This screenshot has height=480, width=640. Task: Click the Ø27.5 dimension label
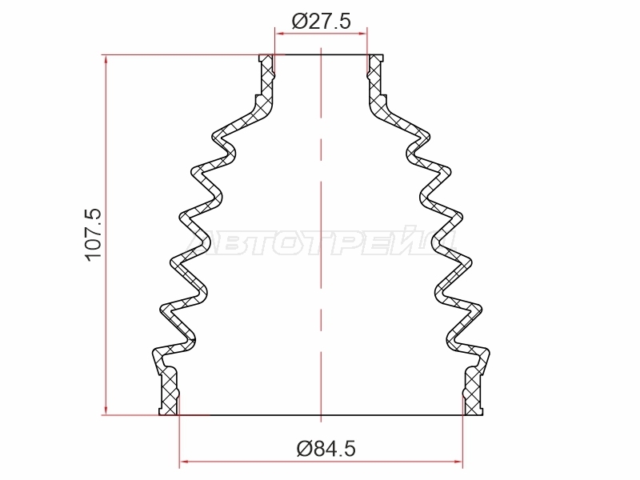(322, 22)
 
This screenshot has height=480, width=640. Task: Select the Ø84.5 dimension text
(326, 449)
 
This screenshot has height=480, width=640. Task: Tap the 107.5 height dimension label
(94, 234)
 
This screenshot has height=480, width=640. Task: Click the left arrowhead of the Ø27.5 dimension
(279, 34)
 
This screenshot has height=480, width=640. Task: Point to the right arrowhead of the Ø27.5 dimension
(362, 34)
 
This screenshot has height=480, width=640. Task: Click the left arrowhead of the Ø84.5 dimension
(184, 462)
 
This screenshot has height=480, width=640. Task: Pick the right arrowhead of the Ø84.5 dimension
(458, 462)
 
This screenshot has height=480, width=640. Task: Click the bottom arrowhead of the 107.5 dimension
(106, 410)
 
